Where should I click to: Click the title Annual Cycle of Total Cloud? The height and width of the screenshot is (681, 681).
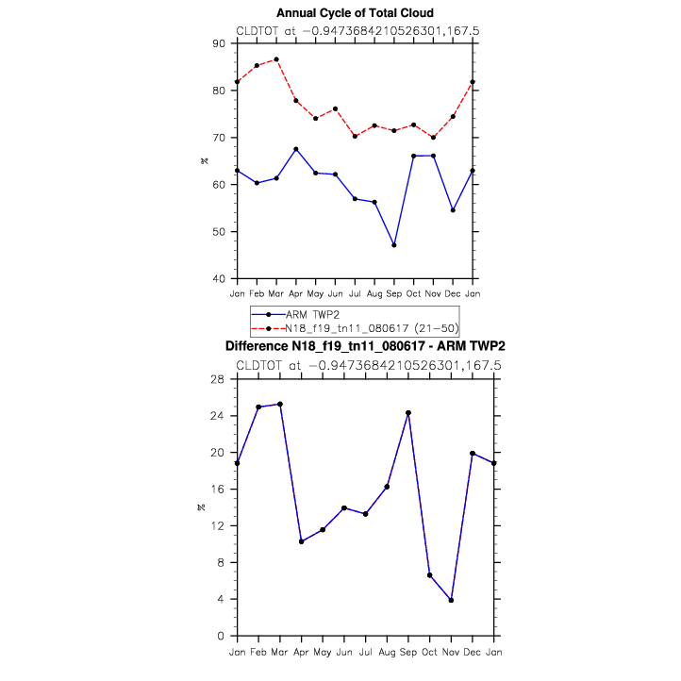pyautogui.click(x=355, y=13)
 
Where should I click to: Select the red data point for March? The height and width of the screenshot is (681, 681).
pyautogui.click(x=276, y=59)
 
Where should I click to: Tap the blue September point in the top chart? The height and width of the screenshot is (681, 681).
pyautogui.click(x=393, y=245)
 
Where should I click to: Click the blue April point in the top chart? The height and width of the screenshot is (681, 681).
pyautogui.click(x=296, y=149)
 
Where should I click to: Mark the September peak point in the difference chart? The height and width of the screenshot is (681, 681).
pyautogui.click(x=408, y=413)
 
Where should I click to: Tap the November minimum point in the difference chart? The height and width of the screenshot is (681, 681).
pyautogui.click(x=451, y=600)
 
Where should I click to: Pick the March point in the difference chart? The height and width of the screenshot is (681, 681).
pyautogui.click(x=280, y=404)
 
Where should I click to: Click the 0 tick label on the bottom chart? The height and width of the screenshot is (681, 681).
pyautogui.click(x=222, y=636)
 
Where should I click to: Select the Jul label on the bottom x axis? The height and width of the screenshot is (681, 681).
pyautogui.click(x=365, y=651)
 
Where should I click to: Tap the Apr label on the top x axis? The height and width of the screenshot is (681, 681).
pyautogui.click(x=295, y=292)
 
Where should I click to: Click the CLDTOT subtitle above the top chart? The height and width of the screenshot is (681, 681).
pyautogui.click(x=357, y=30)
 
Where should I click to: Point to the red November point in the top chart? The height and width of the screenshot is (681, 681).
pyautogui.click(x=433, y=138)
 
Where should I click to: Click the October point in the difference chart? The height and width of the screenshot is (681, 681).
pyautogui.click(x=429, y=575)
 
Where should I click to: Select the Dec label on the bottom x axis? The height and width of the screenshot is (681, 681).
pyautogui.click(x=473, y=651)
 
